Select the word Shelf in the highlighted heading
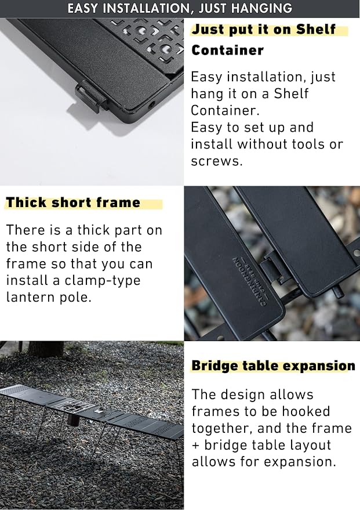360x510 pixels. click(315, 29)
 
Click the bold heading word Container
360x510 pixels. click(227, 50)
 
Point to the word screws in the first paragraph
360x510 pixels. click(217, 161)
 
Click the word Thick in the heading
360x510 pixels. click(27, 202)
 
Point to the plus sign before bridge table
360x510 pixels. click(195, 445)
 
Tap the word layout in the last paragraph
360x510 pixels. click(310, 445)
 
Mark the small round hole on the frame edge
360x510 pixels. click(152, 105)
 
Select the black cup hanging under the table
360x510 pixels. click(74, 418)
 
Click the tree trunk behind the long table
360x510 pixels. click(45, 349)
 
